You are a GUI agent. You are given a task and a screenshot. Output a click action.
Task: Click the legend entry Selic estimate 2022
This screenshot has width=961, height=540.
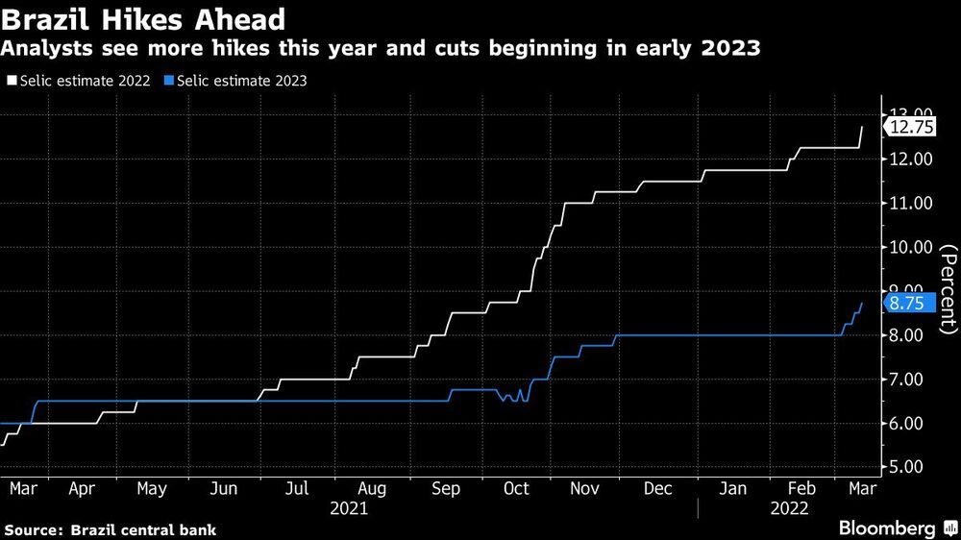(x=79, y=81)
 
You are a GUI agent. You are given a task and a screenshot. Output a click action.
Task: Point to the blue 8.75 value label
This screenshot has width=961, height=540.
(x=908, y=304)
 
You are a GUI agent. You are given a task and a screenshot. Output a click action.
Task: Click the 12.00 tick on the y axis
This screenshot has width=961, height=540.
(x=911, y=159)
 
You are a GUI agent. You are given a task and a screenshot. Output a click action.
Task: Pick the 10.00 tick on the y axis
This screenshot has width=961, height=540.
(x=911, y=247)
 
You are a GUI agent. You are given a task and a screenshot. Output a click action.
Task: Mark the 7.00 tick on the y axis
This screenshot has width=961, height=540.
(x=911, y=380)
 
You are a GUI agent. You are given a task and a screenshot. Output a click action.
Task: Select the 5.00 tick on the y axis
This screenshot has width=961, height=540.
(x=911, y=468)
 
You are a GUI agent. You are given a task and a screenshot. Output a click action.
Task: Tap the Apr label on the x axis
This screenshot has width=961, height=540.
(x=82, y=489)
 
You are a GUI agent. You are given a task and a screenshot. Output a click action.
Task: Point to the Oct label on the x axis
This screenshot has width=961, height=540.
(x=516, y=489)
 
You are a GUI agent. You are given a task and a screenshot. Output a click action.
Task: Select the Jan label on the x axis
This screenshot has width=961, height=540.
(x=734, y=489)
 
